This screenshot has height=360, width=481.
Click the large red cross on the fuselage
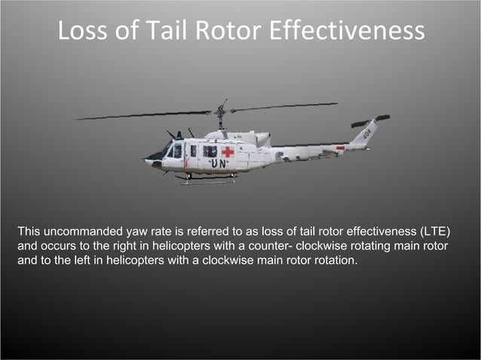pyautogui.click(x=228, y=151)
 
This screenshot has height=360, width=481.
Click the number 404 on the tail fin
pyautogui.click(x=366, y=133)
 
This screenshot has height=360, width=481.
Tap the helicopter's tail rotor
pyautogui.click(x=370, y=121)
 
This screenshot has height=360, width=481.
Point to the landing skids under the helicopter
pyautogui.click(x=207, y=179)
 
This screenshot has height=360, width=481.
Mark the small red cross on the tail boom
pyautogui.click(x=340, y=148)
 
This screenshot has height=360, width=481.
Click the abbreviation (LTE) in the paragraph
pyautogui.click(x=440, y=230)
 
